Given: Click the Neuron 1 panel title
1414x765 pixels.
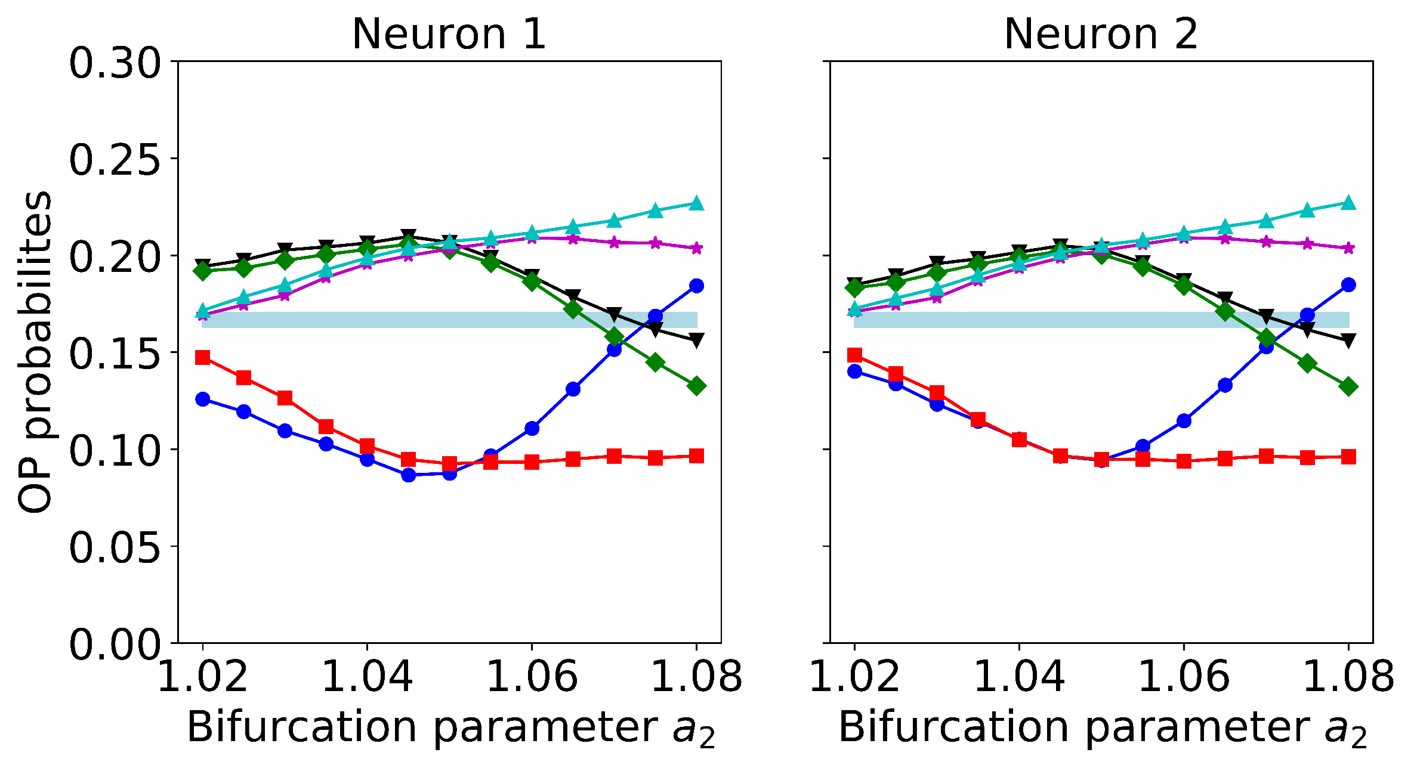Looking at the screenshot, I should [449, 34].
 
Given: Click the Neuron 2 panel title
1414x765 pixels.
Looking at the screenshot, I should [1101, 34].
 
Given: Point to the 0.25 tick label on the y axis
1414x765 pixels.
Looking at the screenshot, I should [115, 159].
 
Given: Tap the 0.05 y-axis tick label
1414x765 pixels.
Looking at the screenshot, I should [115, 547].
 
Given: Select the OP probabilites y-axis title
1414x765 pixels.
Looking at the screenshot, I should [35, 353].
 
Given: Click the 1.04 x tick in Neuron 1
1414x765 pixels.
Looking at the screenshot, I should [367, 677].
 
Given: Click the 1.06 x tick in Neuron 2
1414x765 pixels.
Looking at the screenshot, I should [1184, 677].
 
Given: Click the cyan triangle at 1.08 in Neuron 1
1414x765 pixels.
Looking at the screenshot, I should [696, 203].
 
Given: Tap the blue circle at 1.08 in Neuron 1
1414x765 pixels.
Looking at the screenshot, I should [696, 286].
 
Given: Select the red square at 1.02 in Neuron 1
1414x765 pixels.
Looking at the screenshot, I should [203, 357].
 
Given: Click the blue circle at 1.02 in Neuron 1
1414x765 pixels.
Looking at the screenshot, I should [203, 399].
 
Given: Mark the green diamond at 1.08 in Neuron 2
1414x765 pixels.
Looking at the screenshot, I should [1348, 386].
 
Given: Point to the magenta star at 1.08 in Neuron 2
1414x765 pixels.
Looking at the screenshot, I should [1348, 248].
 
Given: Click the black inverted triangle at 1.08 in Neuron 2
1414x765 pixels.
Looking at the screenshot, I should [1348, 340].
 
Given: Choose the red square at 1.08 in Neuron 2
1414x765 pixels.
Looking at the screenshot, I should [1348, 457].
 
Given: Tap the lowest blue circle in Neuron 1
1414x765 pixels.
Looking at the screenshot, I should [408, 475].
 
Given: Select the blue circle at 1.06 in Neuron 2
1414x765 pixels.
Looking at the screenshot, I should [1184, 421].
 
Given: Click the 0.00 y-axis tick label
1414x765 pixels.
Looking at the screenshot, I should [115, 645].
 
